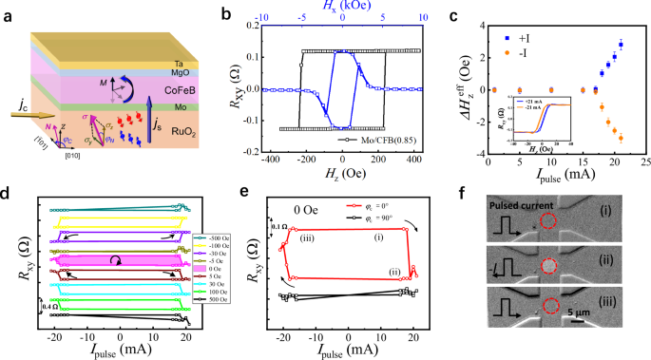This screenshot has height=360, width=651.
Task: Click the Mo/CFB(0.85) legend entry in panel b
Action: (x=370, y=149)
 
